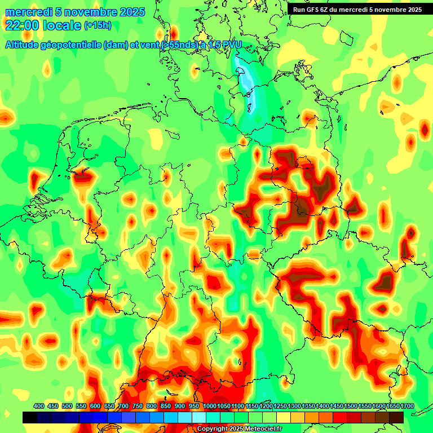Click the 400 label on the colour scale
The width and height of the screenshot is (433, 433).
click(x=39, y=406)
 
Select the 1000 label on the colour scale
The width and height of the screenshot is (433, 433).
click(x=210, y=406)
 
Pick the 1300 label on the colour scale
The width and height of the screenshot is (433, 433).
click(x=294, y=406)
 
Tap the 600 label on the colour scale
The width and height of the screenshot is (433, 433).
click(x=95, y=406)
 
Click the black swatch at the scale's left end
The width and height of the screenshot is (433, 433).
click(x=29, y=417)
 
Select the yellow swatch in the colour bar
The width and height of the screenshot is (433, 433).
click(x=284, y=417)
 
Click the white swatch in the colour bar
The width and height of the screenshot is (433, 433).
click(x=198, y=417)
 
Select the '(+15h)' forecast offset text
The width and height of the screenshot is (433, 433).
click(x=98, y=25)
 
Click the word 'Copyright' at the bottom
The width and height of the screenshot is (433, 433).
click(x=213, y=429)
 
